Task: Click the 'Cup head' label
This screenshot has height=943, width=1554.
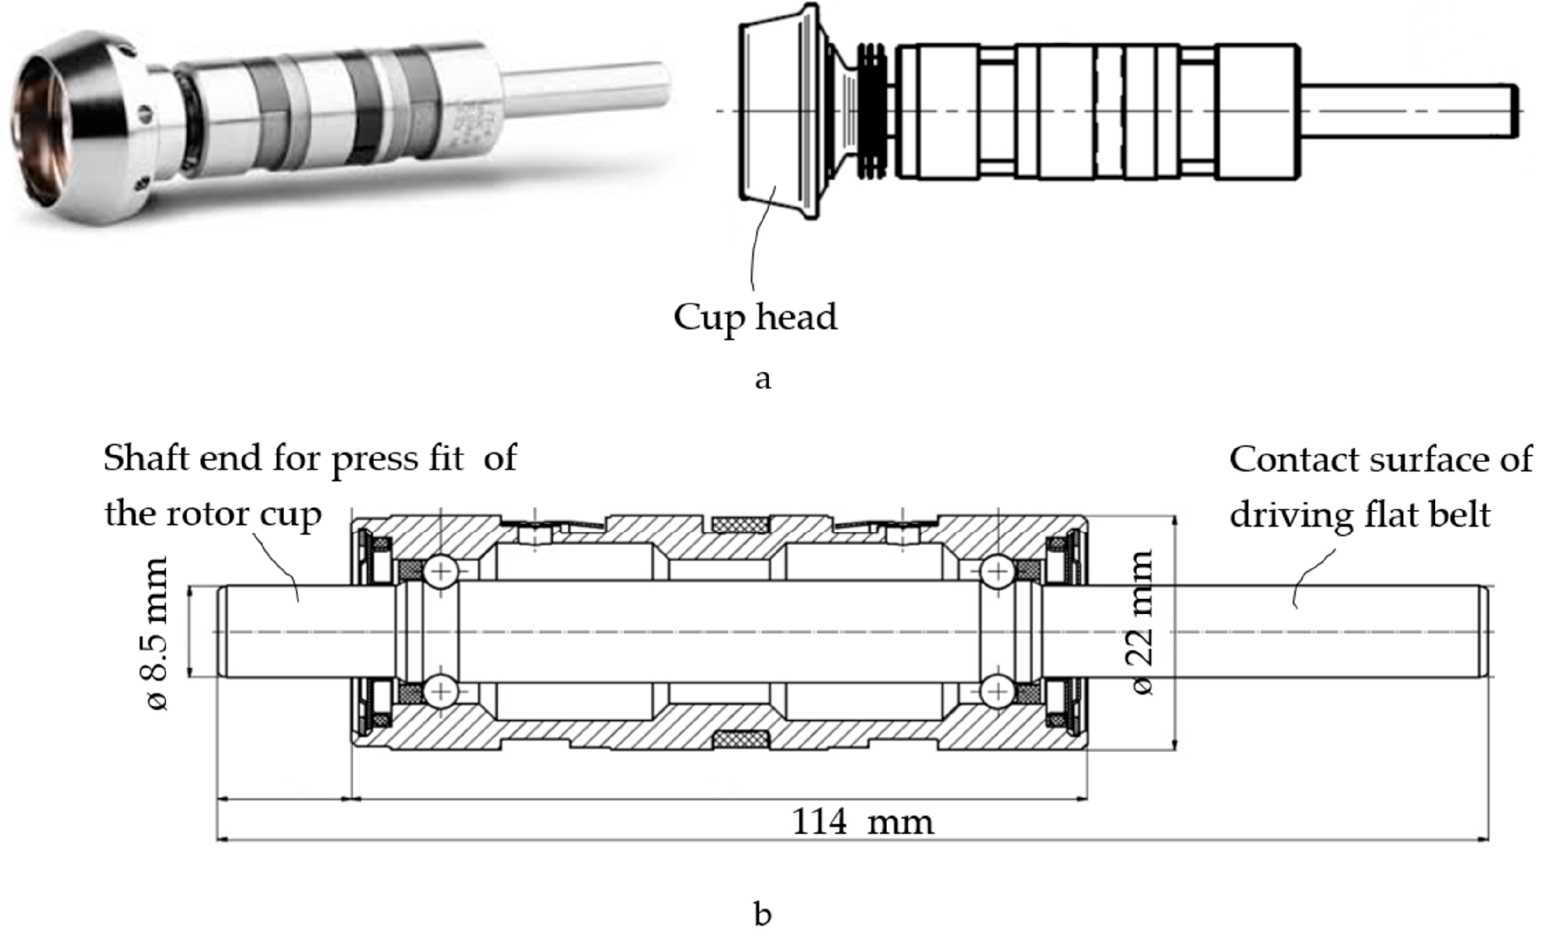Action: tap(755, 317)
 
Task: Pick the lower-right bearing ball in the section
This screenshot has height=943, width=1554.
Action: tap(997, 691)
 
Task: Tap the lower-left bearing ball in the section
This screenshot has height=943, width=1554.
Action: tap(441, 691)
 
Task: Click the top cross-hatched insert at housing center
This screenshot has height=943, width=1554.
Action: tap(740, 524)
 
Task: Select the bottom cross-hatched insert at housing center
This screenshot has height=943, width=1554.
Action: tap(740, 738)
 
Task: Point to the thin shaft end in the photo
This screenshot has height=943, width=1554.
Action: tap(586, 88)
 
